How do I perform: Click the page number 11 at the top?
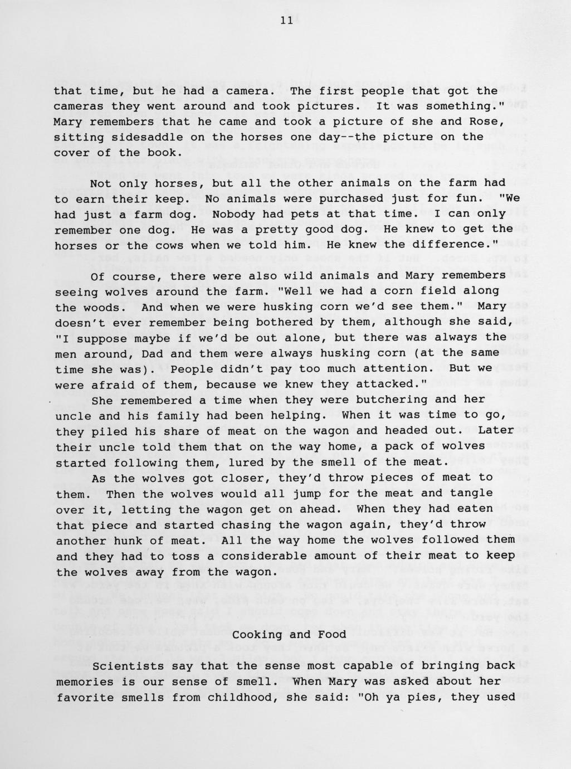tap(286, 21)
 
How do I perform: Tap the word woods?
tap(103, 307)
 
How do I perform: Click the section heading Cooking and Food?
tap(289, 634)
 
